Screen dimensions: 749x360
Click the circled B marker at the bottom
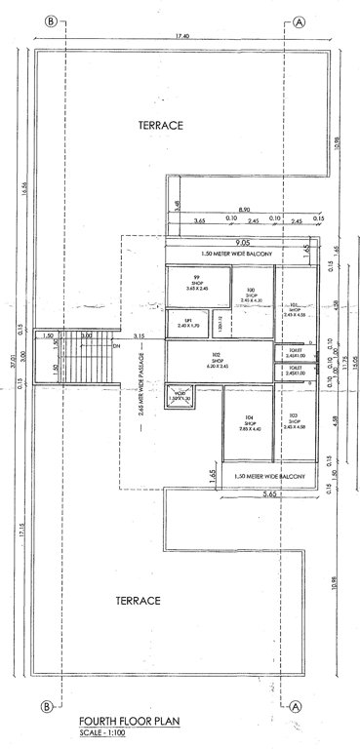point(46,706)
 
